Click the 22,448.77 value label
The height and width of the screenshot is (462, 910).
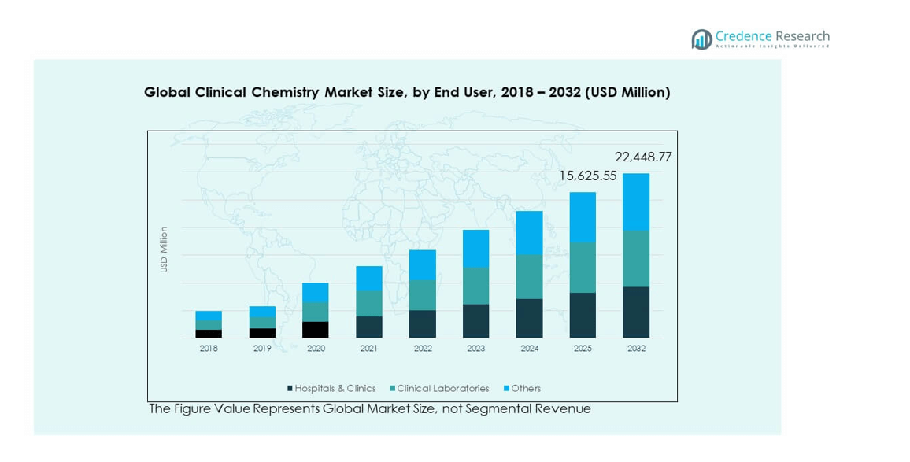643,157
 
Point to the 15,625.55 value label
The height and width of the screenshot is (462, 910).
588,176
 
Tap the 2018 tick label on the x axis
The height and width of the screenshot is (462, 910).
209,348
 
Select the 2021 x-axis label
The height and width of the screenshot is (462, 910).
368,348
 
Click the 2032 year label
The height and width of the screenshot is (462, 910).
636,348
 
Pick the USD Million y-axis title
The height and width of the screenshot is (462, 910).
165,249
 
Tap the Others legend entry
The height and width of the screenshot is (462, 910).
526,388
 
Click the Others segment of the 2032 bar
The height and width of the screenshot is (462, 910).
636,201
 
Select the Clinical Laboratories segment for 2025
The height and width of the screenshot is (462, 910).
583,267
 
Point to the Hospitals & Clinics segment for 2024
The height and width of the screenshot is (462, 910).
529,318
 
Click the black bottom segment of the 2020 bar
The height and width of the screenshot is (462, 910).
315,330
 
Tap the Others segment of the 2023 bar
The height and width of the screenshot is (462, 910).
475,248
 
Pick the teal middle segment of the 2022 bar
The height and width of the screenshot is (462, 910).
422,295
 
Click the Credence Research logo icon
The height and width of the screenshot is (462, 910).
701,39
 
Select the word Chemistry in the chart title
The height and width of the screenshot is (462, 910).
285,92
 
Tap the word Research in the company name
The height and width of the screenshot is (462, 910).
802,36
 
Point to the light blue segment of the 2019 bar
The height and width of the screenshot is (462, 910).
262,312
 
